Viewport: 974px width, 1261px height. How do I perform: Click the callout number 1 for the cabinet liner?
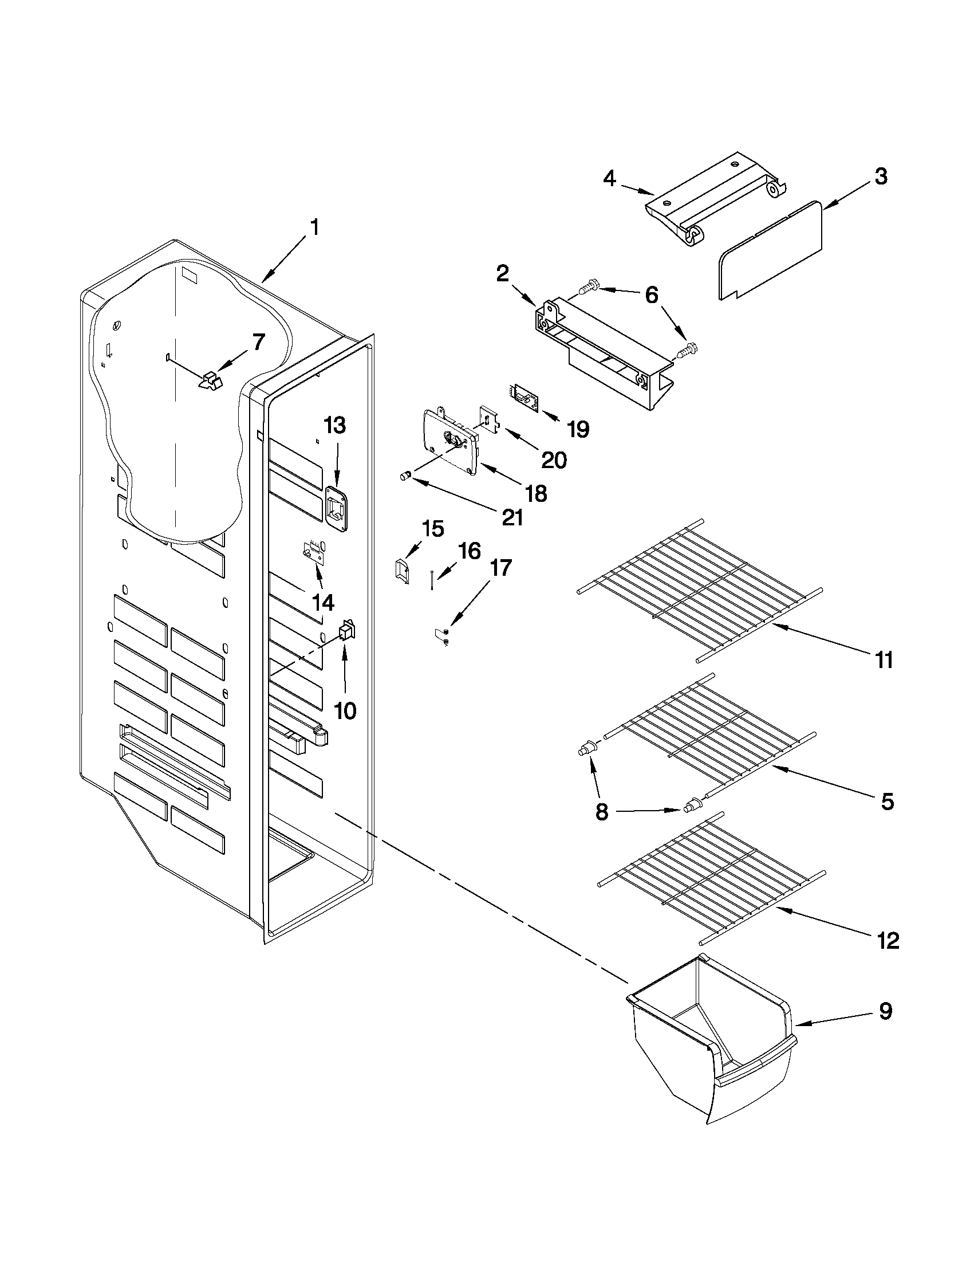coord(314,228)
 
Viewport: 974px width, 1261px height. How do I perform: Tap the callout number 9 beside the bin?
coord(886,1011)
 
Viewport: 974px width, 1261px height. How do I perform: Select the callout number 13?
coord(334,426)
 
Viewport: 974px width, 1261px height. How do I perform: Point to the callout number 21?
coord(512,517)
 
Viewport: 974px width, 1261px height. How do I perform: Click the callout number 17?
coord(500,568)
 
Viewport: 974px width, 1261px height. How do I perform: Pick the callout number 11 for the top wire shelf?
coord(884,659)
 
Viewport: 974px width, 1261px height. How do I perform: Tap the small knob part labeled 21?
coord(405,475)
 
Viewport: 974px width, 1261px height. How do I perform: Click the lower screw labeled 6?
coord(686,351)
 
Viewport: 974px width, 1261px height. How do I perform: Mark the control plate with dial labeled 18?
coord(453,442)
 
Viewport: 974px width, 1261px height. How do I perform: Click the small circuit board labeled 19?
coord(525,398)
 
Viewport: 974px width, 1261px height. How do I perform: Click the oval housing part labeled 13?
coord(336,508)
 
